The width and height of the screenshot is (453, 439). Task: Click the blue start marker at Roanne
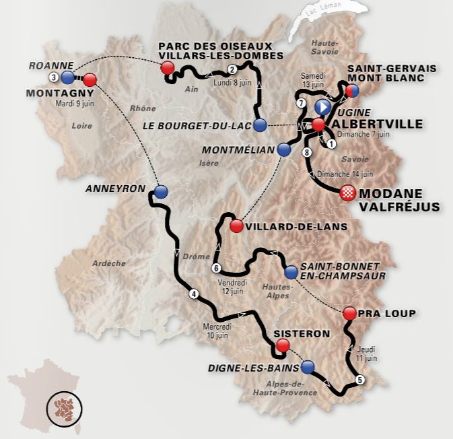[67, 77]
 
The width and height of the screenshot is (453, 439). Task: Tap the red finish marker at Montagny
[91, 79]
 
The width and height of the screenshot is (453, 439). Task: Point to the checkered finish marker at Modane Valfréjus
[347, 192]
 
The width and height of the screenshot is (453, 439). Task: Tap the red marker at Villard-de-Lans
[236, 226]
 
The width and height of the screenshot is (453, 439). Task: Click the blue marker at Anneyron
[160, 191]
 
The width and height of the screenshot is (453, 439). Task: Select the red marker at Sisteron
[283, 345]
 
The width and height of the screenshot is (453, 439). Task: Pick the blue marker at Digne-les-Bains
[308, 366]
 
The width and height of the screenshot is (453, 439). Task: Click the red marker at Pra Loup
[349, 313]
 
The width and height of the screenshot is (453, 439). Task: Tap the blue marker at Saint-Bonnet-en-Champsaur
[290, 272]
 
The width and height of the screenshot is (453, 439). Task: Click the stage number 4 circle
[194, 293]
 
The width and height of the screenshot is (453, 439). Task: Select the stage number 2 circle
[232, 69]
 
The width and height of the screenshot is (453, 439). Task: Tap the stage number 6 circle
[215, 268]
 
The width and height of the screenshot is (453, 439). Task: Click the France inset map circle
[64, 407]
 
